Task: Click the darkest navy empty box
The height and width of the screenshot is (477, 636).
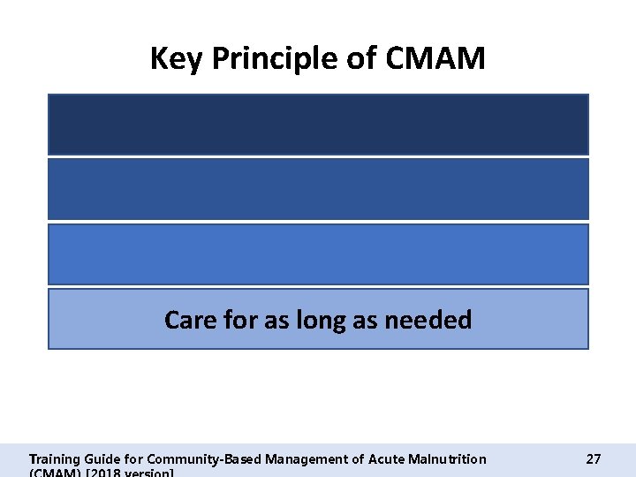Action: click(x=318, y=125)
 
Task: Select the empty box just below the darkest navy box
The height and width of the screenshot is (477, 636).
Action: click(x=318, y=189)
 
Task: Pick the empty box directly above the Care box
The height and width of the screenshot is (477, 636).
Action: click(x=318, y=254)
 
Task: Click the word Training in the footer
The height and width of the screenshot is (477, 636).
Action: click(x=54, y=459)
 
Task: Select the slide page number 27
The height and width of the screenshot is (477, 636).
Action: click(x=594, y=459)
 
